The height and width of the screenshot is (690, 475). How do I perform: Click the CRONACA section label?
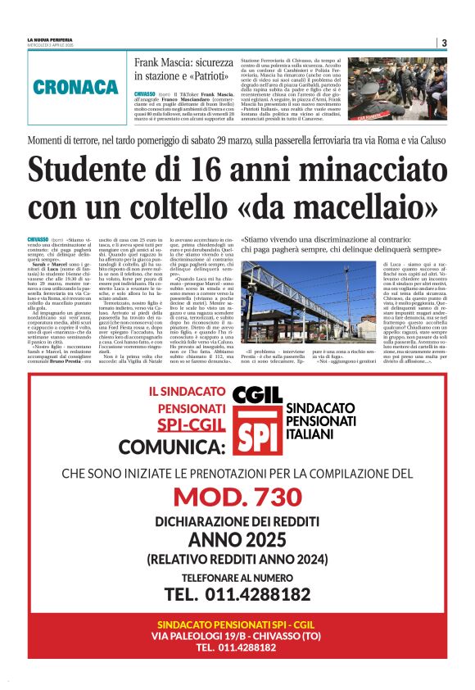76,87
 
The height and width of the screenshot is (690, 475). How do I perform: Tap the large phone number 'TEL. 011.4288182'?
237,594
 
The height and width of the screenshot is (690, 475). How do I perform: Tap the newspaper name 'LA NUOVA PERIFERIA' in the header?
50,39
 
